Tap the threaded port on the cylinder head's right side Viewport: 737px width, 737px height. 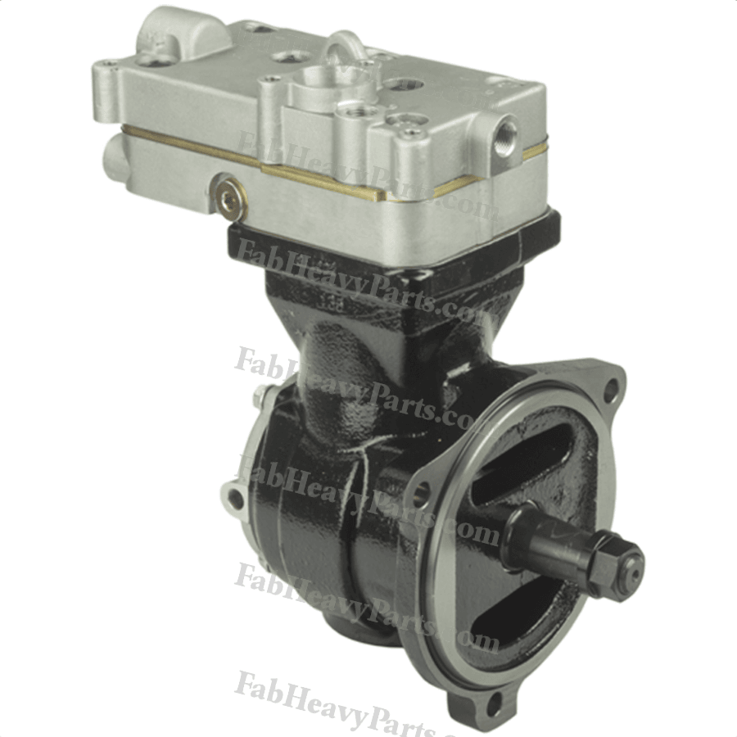click(505, 129)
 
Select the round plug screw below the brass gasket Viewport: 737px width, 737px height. click(226, 197)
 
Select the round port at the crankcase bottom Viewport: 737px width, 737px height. click(352, 635)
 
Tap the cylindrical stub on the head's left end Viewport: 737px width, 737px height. click(115, 156)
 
